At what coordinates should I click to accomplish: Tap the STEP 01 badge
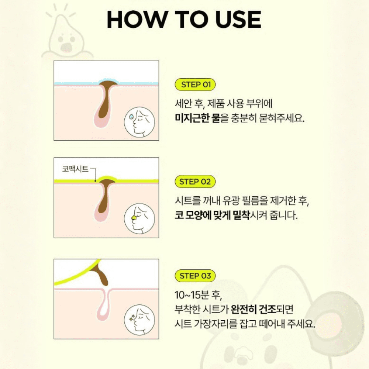(x=195, y=85)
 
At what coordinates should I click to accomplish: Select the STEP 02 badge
(x=195, y=182)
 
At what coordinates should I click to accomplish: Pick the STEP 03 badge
(x=195, y=276)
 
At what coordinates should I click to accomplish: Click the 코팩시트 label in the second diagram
(x=75, y=169)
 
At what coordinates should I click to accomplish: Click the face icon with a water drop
(x=139, y=122)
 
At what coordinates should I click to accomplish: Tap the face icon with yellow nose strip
(x=139, y=219)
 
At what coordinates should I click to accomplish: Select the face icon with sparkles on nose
(x=139, y=320)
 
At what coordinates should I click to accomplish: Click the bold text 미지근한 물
(x=197, y=118)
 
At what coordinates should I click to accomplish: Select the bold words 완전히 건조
(x=253, y=309)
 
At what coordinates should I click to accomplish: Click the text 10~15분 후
(x=198, y=295)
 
